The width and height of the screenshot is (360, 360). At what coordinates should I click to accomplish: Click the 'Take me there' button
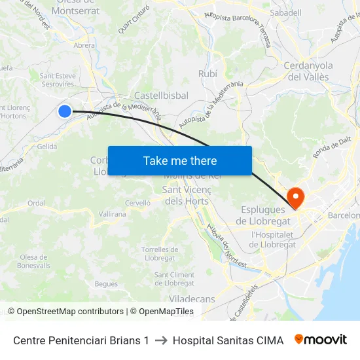(x=180, y=160)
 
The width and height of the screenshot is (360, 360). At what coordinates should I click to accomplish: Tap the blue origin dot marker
(x=65, y=111)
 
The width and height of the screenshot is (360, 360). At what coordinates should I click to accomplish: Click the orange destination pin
(x=295, y=196)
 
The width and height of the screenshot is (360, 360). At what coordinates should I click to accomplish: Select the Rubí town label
(x=207, y=74)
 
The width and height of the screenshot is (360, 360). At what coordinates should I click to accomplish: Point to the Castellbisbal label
(x=161, y=96)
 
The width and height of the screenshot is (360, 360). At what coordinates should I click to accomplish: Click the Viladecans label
(x=192, y=299)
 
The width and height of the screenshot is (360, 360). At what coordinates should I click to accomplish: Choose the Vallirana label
(x=112, y=214)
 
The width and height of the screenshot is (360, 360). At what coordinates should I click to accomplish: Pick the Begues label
(x=106, y=284)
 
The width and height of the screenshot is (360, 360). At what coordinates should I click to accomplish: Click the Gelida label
(x=47, y=147)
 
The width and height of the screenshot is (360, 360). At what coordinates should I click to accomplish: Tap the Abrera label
(x=84, y=46)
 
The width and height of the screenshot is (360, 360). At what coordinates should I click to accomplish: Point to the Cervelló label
(x=138, y=203)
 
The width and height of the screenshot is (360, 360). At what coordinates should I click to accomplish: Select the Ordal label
(x=36, y=203)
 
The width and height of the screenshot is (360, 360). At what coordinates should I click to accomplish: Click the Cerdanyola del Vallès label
(x=308, y=71)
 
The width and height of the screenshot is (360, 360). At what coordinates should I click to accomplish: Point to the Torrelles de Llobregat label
(x=160, y=254)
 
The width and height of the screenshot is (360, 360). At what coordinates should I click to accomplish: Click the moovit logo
(x=321, y=340)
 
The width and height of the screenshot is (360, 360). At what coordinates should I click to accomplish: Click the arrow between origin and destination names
(x=161, y=340)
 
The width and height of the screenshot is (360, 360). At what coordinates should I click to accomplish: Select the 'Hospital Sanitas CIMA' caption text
(x=228, y=340)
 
